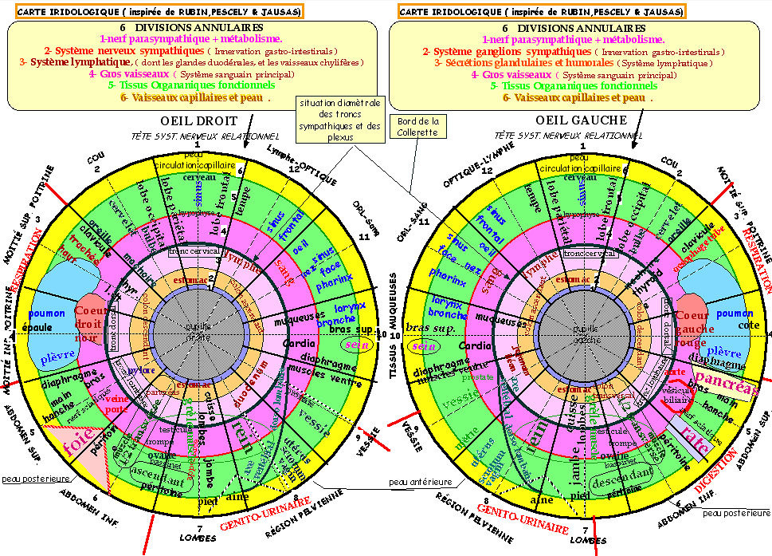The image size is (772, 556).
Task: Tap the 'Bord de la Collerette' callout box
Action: coord(419,126)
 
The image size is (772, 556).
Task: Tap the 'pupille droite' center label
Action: coord(193,332)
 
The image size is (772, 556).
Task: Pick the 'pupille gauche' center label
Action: coord(583,332)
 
